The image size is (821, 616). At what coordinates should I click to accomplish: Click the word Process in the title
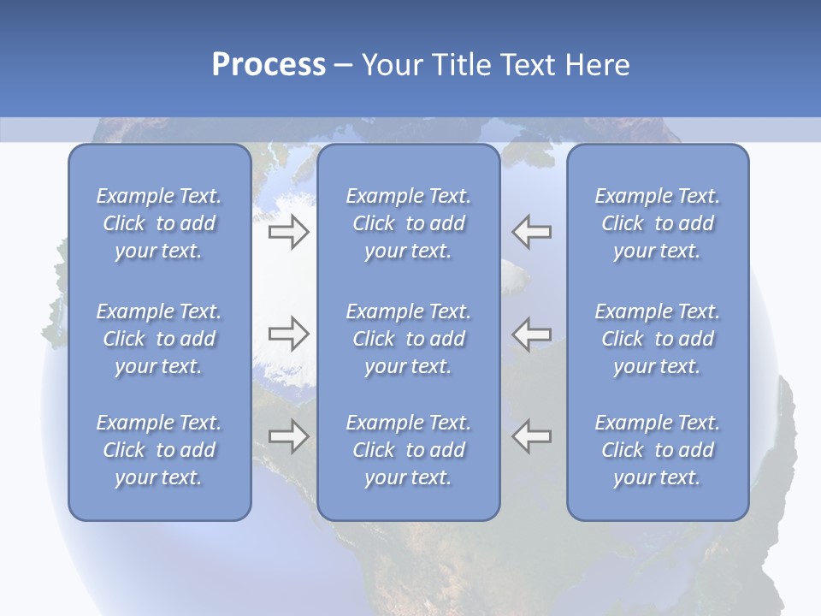(269, 65)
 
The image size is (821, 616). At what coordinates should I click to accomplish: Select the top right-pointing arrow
(288, 232)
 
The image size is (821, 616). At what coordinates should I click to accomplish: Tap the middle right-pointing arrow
(288, 334)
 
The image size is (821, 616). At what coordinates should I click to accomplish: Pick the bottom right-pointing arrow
(288, 436)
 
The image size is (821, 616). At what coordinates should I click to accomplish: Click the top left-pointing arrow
(532, 232)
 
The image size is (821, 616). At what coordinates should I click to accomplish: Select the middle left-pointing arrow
(532, 334)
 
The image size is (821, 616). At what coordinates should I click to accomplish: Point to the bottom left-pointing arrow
(532, 436)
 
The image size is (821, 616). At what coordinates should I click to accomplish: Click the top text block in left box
(159, 223)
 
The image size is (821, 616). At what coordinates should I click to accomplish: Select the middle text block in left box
(159, 339)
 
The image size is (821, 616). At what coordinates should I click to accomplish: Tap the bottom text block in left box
(159, 450)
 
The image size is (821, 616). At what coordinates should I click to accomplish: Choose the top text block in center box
(409, 223)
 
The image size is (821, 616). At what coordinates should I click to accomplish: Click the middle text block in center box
(409, 339)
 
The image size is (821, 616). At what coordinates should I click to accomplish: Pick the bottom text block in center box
(409, 450)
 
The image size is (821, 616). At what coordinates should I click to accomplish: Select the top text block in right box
(658, 223)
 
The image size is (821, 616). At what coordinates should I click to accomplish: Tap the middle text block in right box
(658, 339)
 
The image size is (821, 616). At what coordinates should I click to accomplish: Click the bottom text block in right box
(658, 450)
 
